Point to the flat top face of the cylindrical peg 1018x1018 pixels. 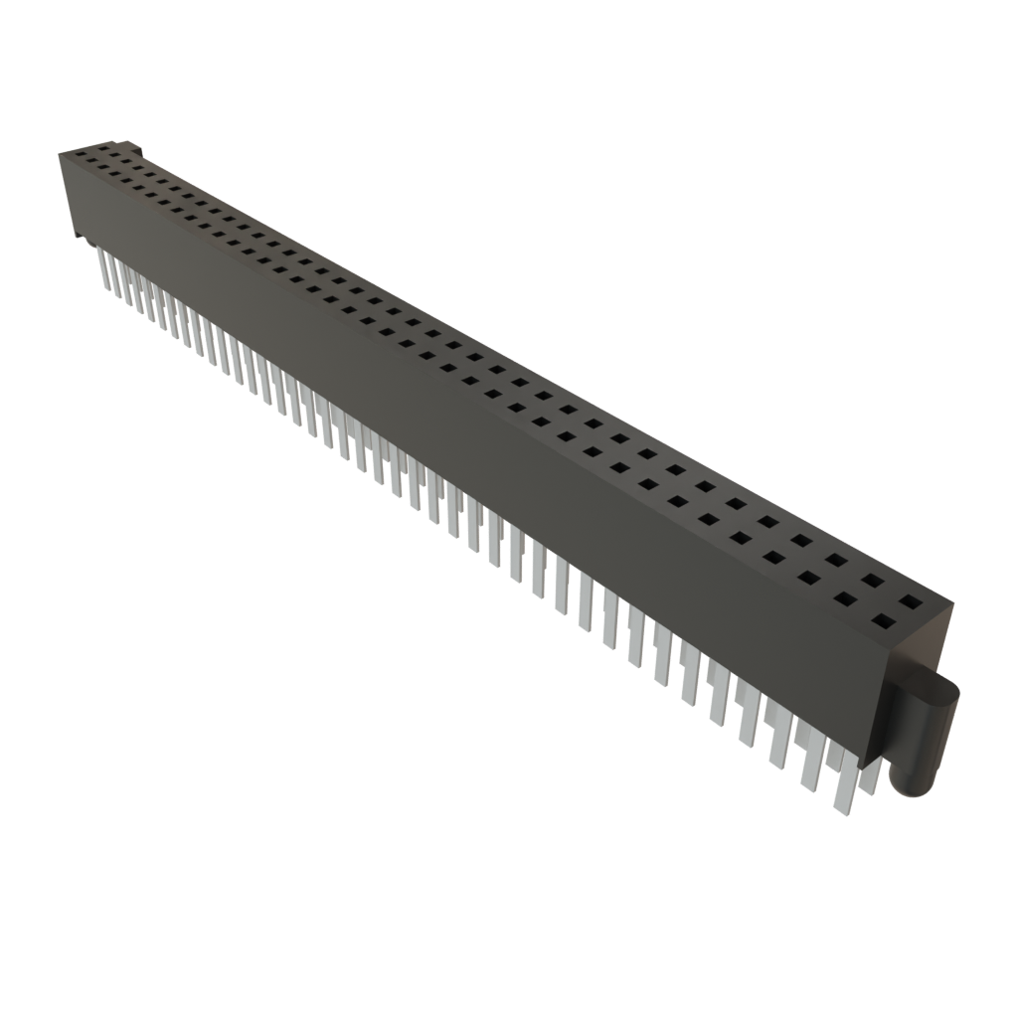point(933,685)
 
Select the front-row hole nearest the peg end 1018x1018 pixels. point(882,623)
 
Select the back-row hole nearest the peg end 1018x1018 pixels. point(910,602)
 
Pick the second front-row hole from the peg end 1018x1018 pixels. point(846,599)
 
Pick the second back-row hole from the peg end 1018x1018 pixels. point(873,581)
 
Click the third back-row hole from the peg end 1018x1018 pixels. point(837,560)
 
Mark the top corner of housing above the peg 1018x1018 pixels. point(953,602)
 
